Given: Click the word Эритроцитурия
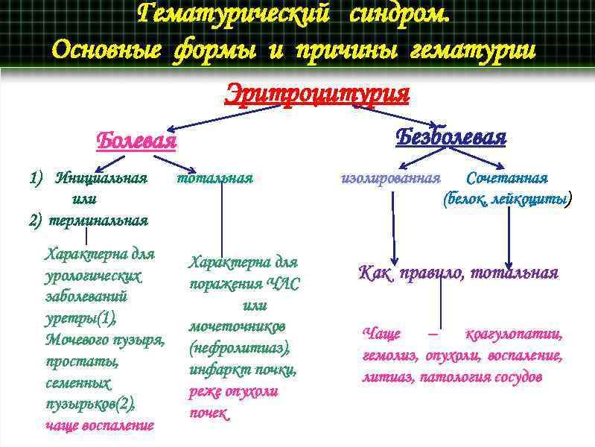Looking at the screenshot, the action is coord(317,95).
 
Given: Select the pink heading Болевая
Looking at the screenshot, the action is coord(136,140).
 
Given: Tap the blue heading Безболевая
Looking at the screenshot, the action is coord(451,137).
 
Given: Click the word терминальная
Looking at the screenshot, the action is coord(99,221).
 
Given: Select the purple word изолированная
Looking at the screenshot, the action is coord(390,179).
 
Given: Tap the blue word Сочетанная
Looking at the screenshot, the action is coord(506,179).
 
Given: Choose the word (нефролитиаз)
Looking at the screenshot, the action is coord(239,348).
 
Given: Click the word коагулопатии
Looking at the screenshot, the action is coord(513,334).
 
